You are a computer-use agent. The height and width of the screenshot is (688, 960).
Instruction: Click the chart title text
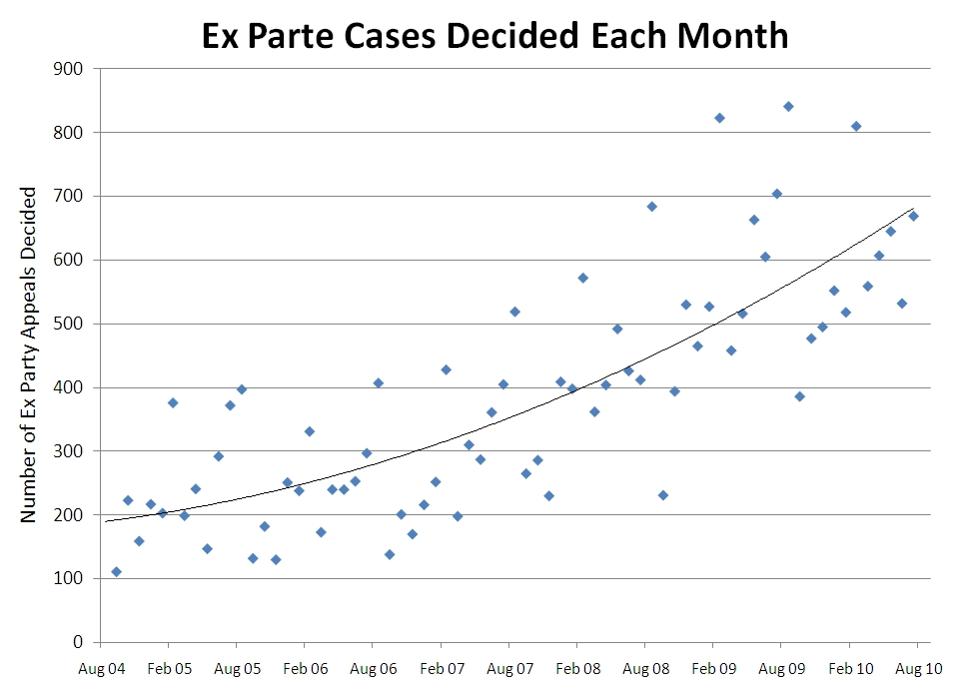click(x=494, y=36)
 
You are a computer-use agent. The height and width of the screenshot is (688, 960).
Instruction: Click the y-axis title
click(x=30, y=353)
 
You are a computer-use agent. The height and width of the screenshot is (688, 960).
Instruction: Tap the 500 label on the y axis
click(x=69, y=324)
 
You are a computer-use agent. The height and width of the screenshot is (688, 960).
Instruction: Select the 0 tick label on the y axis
click(x=77, y=642)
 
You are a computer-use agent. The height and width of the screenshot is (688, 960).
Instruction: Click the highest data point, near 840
click(x=788, y=106)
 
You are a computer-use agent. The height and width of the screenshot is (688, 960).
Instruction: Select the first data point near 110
click(x=116, y=571)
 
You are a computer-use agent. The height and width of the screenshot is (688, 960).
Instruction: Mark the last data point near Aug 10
click(x=913, y=216)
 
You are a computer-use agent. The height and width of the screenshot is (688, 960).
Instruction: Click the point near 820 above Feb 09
click(x=719, y=118)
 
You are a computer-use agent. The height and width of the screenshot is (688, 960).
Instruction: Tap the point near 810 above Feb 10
click(x=856, y=126)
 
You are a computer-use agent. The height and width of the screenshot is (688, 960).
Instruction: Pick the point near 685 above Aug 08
click(x=651, y=207)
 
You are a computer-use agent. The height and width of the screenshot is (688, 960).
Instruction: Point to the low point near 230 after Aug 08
click(x=663, y=495)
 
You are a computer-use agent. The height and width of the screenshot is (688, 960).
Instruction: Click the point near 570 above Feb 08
click(x=582, y=278)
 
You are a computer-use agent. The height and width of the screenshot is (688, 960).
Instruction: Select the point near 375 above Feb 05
click(x=173, y=402)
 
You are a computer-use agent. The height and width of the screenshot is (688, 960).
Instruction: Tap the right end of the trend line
click(x=914, y=209)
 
